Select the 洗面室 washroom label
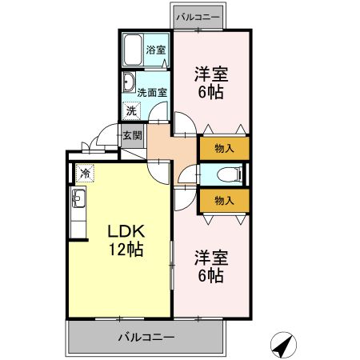pyautogui.click(x=151, y=91)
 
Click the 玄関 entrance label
pyautogui.click(x=131, y=135)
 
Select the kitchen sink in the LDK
pyautogui.click(x=79, y=199)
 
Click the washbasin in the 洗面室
pyautogui.click(x=128, y=82)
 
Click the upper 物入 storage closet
pyautogui.click(x=224, y=148)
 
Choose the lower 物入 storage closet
pyautogui.click(x=224, y=199)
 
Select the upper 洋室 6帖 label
pyautogui.click(x=211, y=82)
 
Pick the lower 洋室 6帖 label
pyautogui.click(x=211, y=266)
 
